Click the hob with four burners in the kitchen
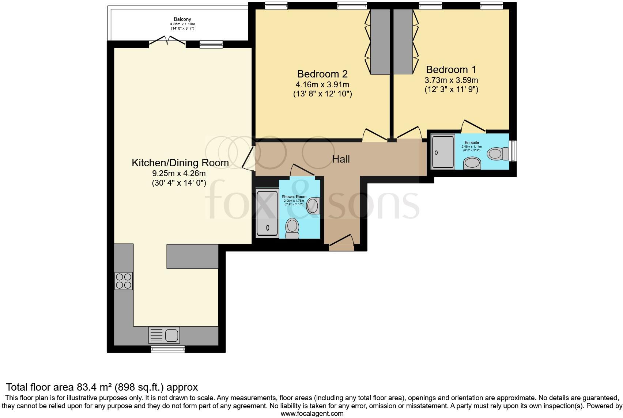(124, 281)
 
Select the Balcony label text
(182, 19)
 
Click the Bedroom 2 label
(322, 74)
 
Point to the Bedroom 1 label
(451, 69)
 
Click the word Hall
(341, 159)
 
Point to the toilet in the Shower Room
(292, 228)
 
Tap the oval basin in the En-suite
(472, 163)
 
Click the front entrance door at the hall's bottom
(341, 243)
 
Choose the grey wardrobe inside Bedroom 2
(380, 41)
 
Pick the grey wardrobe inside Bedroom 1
(403, 41)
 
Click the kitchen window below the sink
(168, 350)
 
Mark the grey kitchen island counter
(192, 256)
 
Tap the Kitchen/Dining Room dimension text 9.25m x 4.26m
(179, 174)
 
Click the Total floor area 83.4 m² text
(102, 387)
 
